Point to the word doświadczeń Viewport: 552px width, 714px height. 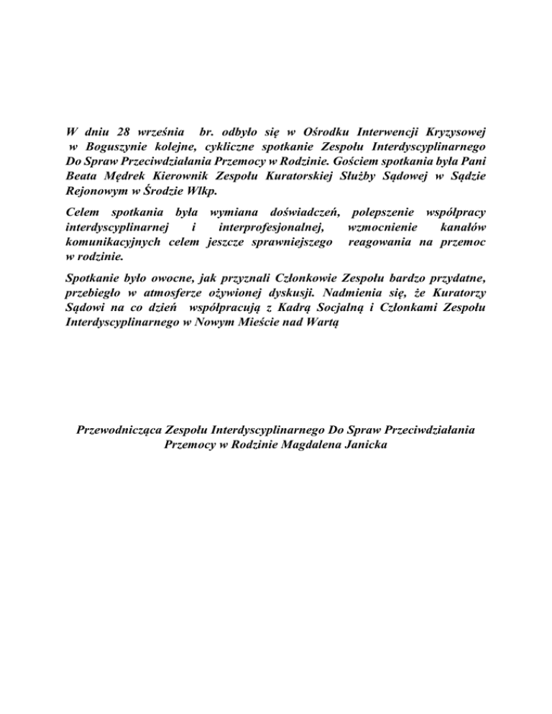click(x=304, y=213)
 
